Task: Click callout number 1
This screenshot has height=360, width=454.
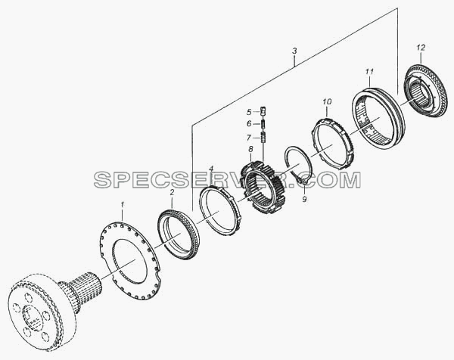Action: tap(122, 205)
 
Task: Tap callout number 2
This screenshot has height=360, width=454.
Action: tap(172, 192)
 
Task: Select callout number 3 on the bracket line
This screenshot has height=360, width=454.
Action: tap(294, 51)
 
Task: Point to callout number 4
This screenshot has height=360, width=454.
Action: tap(211, 168)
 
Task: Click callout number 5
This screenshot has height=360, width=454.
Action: tap(249, 112)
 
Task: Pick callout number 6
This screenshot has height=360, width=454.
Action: tap(249, 124)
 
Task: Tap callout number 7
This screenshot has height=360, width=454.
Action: tap(249, 138)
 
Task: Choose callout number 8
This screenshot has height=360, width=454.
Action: tap(250, 149)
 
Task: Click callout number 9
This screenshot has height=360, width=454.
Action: tap(304, 199)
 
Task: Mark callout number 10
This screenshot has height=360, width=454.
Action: tap(327, 102)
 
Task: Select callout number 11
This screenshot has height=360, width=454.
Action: tap(369, 72)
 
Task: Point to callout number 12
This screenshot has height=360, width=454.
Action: tap(421, 48)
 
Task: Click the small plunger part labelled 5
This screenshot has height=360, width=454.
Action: tap(263, 110)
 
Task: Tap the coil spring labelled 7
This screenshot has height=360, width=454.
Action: tap(263, 137)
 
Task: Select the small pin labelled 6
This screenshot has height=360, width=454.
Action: tap(263, 124)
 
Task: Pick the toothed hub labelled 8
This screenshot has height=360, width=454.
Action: tap(263, 187)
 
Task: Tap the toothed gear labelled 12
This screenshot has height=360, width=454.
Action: tap(425, 92)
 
